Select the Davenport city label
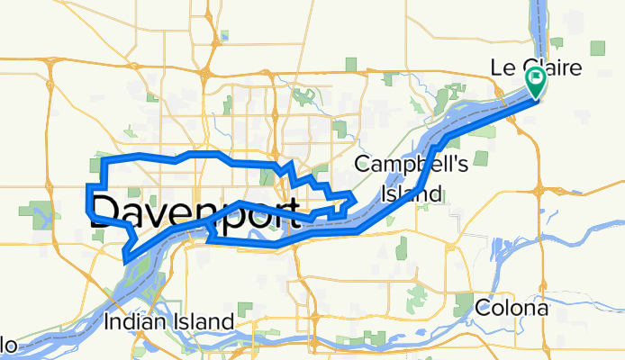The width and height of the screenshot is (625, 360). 195,212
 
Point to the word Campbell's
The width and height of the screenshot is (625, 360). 399,165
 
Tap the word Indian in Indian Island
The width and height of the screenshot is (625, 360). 134,321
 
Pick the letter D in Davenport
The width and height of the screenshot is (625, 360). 104,212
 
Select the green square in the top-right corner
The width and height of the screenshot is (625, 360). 600,48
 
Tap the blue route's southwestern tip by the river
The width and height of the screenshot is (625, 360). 125,259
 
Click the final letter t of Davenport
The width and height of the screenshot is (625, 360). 293,213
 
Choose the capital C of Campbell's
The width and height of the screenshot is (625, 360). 362,165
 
